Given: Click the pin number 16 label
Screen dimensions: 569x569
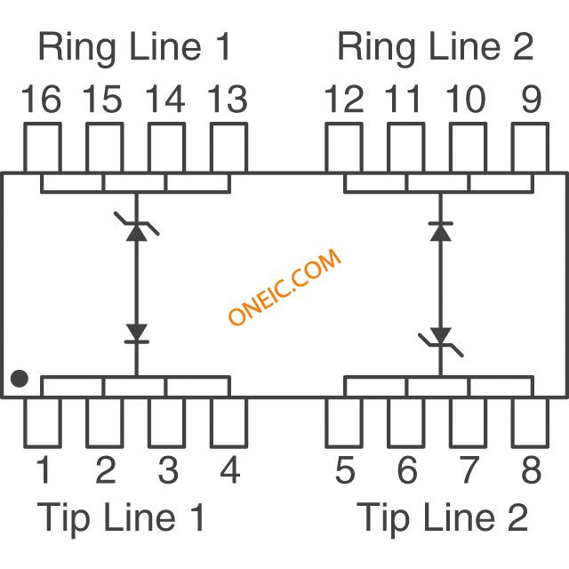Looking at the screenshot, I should [42, 100].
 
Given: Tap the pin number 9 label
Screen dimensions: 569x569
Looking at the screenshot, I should [531, 100].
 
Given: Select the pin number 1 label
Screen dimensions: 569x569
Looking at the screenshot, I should [42, 470].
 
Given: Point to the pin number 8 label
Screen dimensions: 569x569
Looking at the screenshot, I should [531, 470].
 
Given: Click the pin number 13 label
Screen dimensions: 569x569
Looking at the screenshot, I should [228, 100].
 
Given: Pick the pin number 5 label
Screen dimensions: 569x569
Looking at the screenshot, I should [345, 470].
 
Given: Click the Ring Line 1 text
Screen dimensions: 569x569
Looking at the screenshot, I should [134, 47].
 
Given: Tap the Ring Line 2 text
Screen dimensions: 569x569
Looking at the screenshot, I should [436, 47].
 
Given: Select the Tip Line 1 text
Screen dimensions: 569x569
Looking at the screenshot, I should [122, 517].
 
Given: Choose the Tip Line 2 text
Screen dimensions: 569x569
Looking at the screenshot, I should [442, 517].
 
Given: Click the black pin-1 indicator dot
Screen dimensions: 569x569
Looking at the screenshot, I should [19, 380].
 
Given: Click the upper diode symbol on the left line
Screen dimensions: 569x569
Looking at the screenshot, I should [136, 230].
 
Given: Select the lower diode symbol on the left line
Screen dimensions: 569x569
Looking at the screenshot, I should [136, 333].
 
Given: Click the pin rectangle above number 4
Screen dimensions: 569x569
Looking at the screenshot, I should [228, 422].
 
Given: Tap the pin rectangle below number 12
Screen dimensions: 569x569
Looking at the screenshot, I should [344, 148].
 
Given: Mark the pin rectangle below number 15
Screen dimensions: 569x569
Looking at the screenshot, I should [104, 148].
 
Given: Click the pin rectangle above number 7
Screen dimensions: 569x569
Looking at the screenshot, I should [469, 422].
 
